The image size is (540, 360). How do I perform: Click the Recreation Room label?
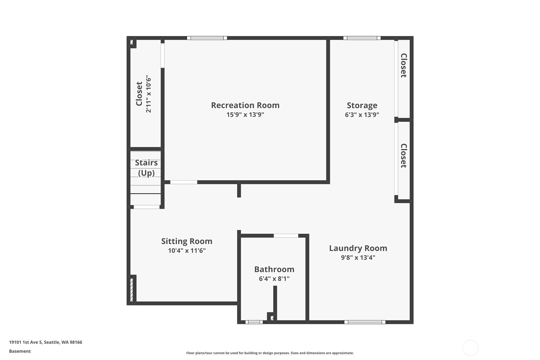pyautogui.click(x=245, y=105)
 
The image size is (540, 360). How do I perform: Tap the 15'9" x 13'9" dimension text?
pyautogui.click(x=245, y=115)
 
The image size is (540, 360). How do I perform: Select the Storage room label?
pyautogui.click(x=362, y=105)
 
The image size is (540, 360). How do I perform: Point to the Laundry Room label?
pyautogui.click(x=358, y=248)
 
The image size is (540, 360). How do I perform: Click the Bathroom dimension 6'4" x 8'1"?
pyautogui.click(x=274, y=279)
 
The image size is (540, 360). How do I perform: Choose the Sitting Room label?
pyautogui.click(x=186, y=241)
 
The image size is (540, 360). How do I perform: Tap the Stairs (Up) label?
pyautogui.click(x=146, y=168)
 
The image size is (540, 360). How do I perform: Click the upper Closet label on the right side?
pyautogui.click(x=403, y=65)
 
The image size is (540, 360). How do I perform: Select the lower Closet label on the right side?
pyautogui.click(x=403, y=156)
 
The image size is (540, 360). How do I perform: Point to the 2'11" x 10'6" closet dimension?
pyautogui.click(x=148, y=94)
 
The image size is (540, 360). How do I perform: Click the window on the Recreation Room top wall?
pyautogui.click(x=207, y=38)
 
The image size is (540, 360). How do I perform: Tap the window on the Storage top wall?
pyautogui.click(x=362, y=38)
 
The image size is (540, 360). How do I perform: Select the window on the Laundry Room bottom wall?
pyautogui.click(x=365, y=322)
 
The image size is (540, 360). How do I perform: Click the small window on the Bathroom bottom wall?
pyautogui.click(x=254, y=322)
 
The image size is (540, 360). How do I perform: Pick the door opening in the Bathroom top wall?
pyautogui.click(x=286, y=236)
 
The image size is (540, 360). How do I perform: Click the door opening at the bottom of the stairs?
pyautogui.click(x=146, y=207)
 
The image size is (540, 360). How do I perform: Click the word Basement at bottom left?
pyautogui.click(x=20, y=351)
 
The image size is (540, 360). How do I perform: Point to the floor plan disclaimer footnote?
pyautogui.click(x=270, y=353)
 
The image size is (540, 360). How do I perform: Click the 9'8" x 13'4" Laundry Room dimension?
pyautogui.click(x=358, y=258)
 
